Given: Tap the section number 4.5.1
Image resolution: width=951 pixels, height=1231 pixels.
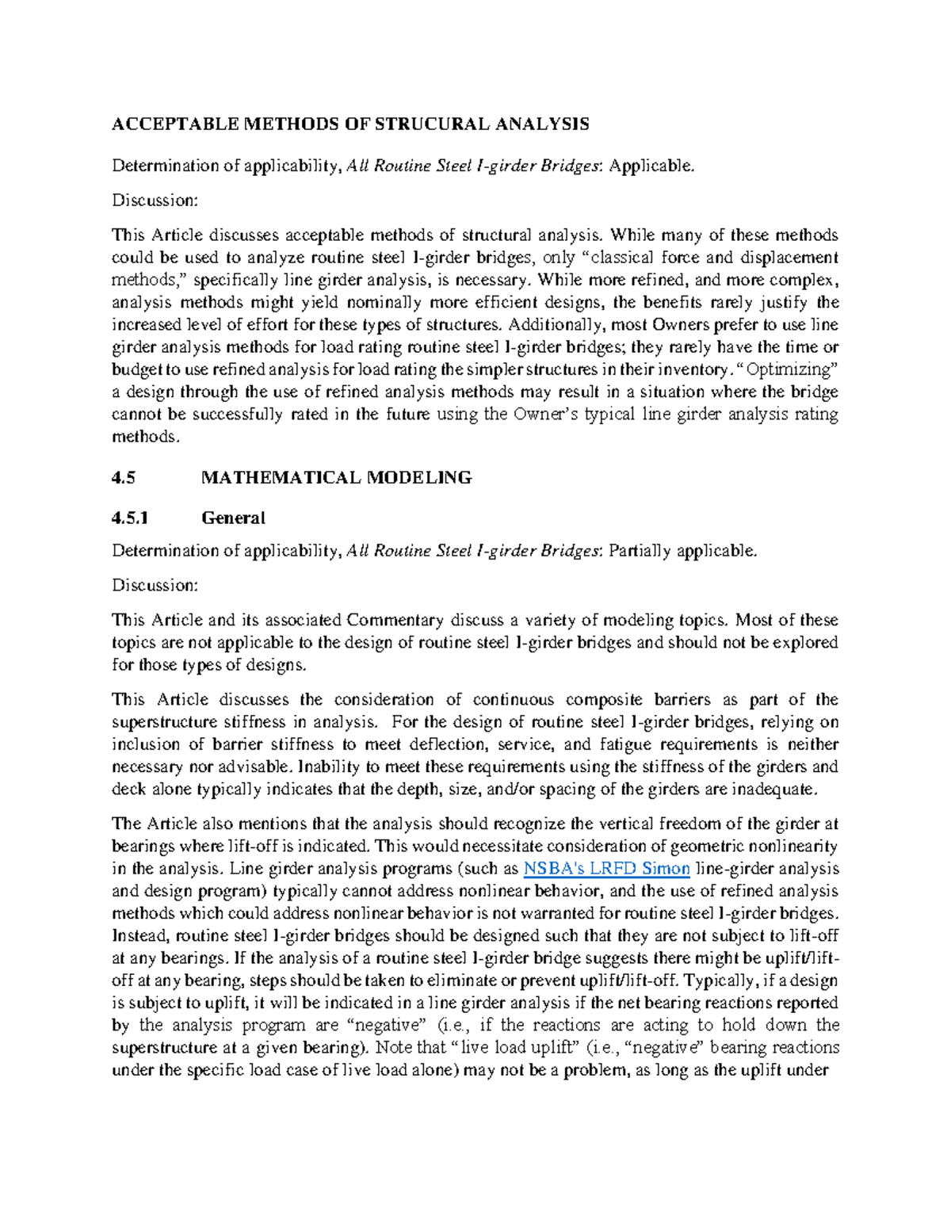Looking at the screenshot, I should (130, 518).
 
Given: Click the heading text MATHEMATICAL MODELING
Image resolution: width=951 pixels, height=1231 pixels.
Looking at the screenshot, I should (337, 478).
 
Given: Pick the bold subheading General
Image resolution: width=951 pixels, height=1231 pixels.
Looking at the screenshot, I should (233, 518).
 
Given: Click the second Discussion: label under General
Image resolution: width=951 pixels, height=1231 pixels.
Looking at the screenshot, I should (155, 586).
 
